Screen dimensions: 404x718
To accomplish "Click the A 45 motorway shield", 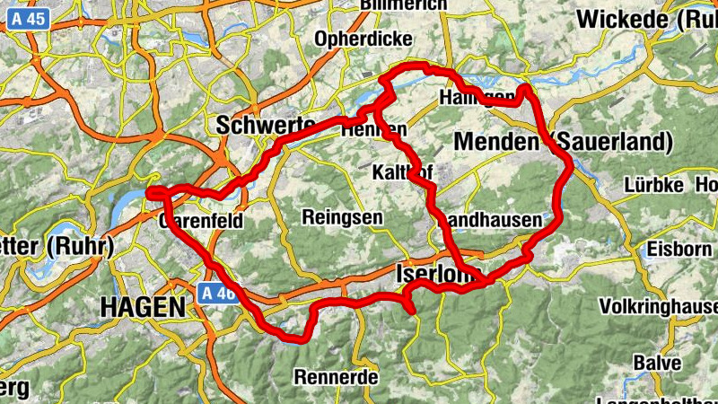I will [31, 17].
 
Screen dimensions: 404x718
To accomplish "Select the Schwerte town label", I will [266, 126].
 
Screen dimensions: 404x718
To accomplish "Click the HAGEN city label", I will [142, 307].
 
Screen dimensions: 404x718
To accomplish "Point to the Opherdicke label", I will [363, 40].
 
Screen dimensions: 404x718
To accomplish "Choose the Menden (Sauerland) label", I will [564, 142].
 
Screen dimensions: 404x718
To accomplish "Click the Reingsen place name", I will [342, 217].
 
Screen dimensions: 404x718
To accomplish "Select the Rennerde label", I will [336, 377].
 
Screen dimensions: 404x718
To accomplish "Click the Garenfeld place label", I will [203, 221].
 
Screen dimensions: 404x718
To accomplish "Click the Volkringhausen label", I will [659, 307].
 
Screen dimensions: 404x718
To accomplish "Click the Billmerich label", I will [403, 5].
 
